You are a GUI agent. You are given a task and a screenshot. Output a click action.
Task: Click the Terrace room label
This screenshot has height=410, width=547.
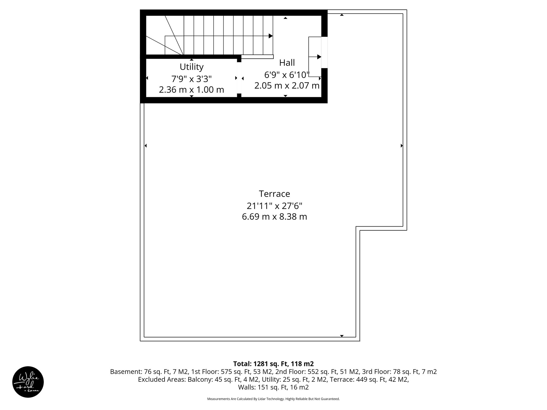tap(274, 194)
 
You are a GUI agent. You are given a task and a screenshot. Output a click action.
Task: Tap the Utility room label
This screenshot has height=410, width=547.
tap(192, 66)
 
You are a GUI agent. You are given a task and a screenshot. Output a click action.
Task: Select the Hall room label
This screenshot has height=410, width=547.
tap(287, 63)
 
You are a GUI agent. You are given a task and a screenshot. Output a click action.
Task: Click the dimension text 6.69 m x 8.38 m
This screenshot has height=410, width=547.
tap(274, 216)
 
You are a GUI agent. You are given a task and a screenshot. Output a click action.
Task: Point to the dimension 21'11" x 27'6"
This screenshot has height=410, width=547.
tap(274, 206)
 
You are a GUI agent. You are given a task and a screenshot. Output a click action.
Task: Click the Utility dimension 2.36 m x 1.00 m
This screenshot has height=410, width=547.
tap(192, 90)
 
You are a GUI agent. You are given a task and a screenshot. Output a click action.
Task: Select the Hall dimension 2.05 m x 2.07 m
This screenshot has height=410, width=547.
tap(287, 86)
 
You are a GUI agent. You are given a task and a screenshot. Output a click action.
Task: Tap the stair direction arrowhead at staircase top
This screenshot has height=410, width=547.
tap(271, 36)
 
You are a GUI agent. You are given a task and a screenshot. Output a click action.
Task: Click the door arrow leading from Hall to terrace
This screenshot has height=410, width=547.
tap(319, 57)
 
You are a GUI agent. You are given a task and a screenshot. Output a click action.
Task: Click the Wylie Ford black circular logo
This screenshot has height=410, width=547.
tap(28, 382)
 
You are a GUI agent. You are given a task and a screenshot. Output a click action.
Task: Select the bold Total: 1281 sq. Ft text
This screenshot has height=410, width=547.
tap(273, 364)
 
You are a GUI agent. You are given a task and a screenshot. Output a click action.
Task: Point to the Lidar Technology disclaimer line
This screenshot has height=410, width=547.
tap(273, 399)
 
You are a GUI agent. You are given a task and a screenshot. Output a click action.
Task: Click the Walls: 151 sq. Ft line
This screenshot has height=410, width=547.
tap(273, 387)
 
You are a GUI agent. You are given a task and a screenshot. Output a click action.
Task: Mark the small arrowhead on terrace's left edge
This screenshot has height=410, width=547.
tap(146, 145)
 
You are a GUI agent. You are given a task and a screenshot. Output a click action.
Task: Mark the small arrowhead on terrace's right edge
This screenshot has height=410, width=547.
tap(402, 145)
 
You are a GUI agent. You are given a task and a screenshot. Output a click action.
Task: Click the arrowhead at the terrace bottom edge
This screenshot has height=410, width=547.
tap(342, 336)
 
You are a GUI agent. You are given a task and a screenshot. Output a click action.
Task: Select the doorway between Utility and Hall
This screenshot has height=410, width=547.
tap(239, 78)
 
